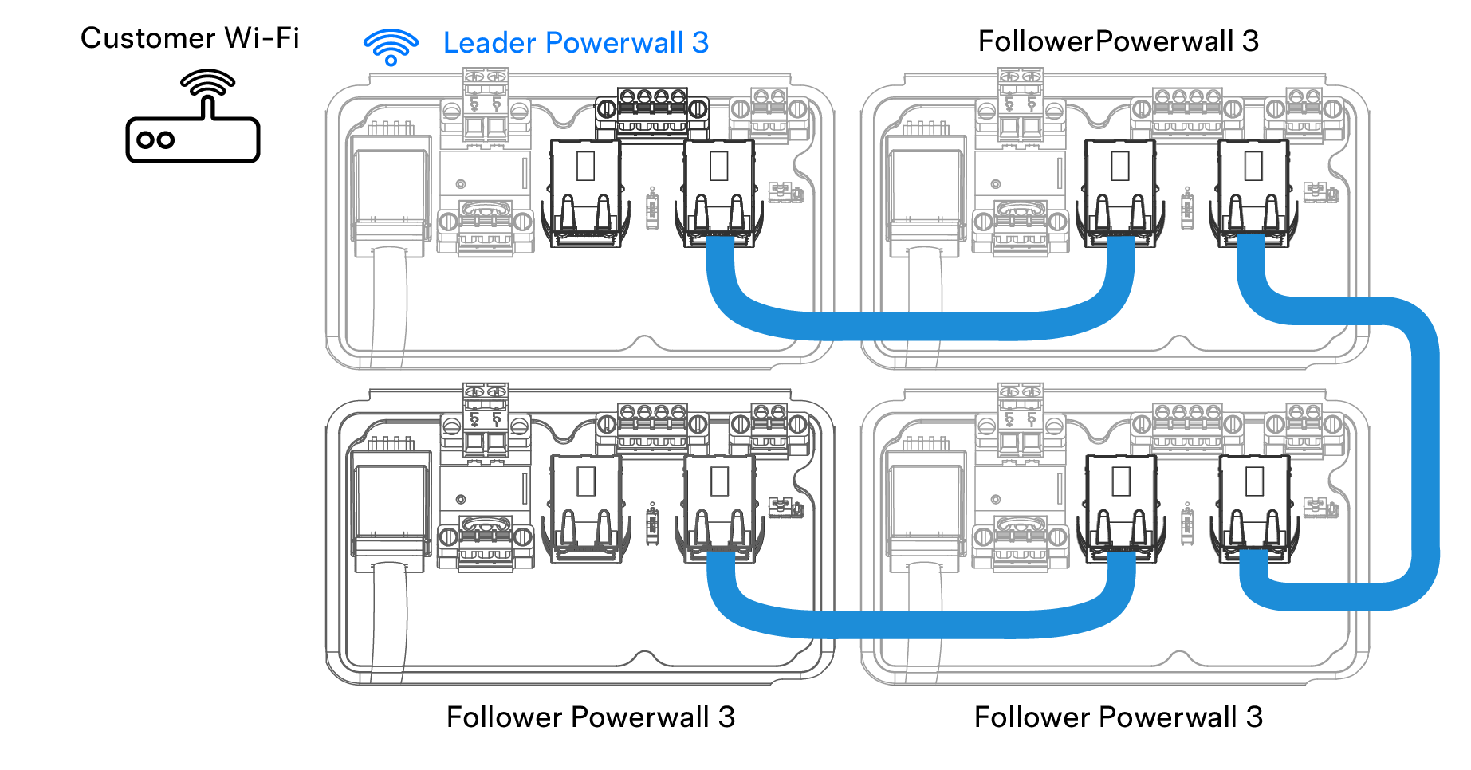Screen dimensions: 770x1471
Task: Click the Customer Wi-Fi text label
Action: tap(190, 38)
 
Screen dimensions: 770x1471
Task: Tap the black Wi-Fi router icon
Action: tap(193, 120)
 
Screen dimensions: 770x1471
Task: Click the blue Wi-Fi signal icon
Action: tap(391, 46)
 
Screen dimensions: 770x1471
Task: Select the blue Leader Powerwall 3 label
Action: tap(576, 43)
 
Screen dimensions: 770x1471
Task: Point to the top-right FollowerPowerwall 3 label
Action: tap(1118, 41)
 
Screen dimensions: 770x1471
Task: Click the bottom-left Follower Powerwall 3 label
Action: tap(590, 717)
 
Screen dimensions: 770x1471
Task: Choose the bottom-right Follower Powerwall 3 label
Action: tap(1118, 717)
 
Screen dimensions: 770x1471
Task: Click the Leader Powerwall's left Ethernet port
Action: tap(585, 191)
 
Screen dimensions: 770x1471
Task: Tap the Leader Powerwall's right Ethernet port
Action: tap(718, 191)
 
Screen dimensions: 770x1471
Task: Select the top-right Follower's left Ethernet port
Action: tap(1119, 191)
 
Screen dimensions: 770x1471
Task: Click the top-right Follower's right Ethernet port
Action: tap(1253, 191)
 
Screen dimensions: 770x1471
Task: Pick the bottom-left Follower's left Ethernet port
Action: tap(585, 507)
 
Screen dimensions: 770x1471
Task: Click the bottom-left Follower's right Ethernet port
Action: tap(718, 507)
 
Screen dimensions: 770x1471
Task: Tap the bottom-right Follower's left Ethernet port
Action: tap(1120, 507)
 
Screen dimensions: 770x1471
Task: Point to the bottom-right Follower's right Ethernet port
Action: tap(1253, 507)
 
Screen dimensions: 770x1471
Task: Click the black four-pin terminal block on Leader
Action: tap(652, 112)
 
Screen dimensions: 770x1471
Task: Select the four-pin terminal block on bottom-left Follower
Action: tap(652, 426)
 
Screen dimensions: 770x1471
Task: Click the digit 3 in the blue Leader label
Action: tap(700, 43)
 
